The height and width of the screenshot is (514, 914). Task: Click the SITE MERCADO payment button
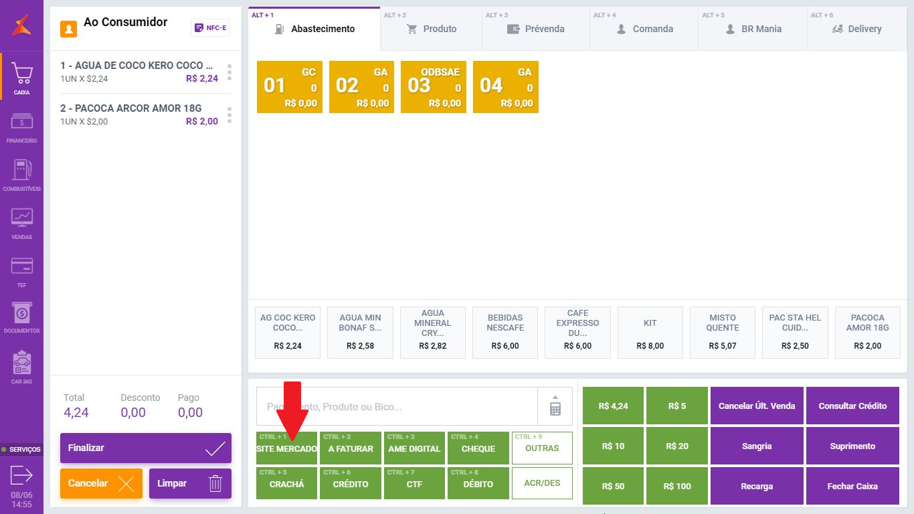[286, 448]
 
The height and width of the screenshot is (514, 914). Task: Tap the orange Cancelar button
[101, 483]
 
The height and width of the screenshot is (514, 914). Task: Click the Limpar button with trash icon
[190, 483]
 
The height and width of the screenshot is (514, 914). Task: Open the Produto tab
[431, 29]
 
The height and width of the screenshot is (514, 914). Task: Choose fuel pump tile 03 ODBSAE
[434, 87]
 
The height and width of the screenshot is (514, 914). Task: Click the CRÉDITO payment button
[351, 483]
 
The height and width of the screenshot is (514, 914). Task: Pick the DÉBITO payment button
[478, 483]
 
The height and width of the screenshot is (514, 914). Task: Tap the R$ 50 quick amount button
[613, 486]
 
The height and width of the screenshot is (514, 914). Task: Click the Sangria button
[757, 446]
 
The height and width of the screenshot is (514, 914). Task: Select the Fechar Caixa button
[852, 486]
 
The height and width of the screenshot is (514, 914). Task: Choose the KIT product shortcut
[650, 333]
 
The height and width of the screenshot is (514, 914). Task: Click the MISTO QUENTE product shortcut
[723, 333]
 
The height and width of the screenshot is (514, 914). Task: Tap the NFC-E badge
[210, 27]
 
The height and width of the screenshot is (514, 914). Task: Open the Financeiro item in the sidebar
[21, 128]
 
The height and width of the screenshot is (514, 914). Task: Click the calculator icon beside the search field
[555, 406]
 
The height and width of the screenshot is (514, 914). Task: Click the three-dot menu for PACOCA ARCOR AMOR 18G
[230, 115]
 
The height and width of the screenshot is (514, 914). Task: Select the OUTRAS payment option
[542, 448]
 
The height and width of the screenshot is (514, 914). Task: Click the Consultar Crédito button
[852, 406]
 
